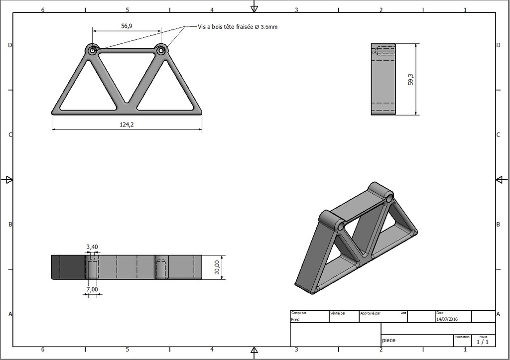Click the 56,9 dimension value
tap(127, 26)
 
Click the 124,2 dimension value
tap(127, 125)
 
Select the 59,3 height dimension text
tap(411, 79)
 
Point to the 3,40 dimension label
tap(92, 247)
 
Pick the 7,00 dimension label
tap(92, 289)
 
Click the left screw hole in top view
tap(92, 50)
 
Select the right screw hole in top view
tap(161, 50)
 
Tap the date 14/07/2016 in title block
tap(447, 319)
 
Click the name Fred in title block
tap(295, 320)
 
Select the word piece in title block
tap(388, 341)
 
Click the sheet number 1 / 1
tap(483, 342)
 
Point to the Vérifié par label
tap(338, 314)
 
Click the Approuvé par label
tap(371, 314)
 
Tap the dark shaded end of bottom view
tap(68, 267)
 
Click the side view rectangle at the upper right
tap(383, 79)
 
